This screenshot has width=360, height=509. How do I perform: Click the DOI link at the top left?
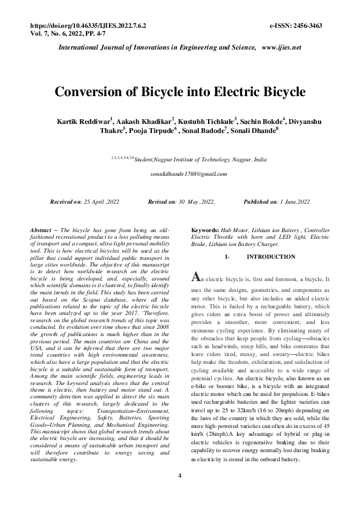click(x=88, y=27)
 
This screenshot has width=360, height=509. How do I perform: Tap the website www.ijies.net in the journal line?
click(x=281, y=47)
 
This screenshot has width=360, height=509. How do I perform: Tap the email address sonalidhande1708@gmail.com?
click(x=189, y=174)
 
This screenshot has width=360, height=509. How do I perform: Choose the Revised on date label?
click(x=162, y=201)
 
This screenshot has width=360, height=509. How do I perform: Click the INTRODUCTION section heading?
click(x=272, y=257)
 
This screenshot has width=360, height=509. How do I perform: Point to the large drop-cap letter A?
click(x=195, y=277)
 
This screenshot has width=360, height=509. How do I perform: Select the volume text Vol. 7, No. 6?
click(x=51, y=34)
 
